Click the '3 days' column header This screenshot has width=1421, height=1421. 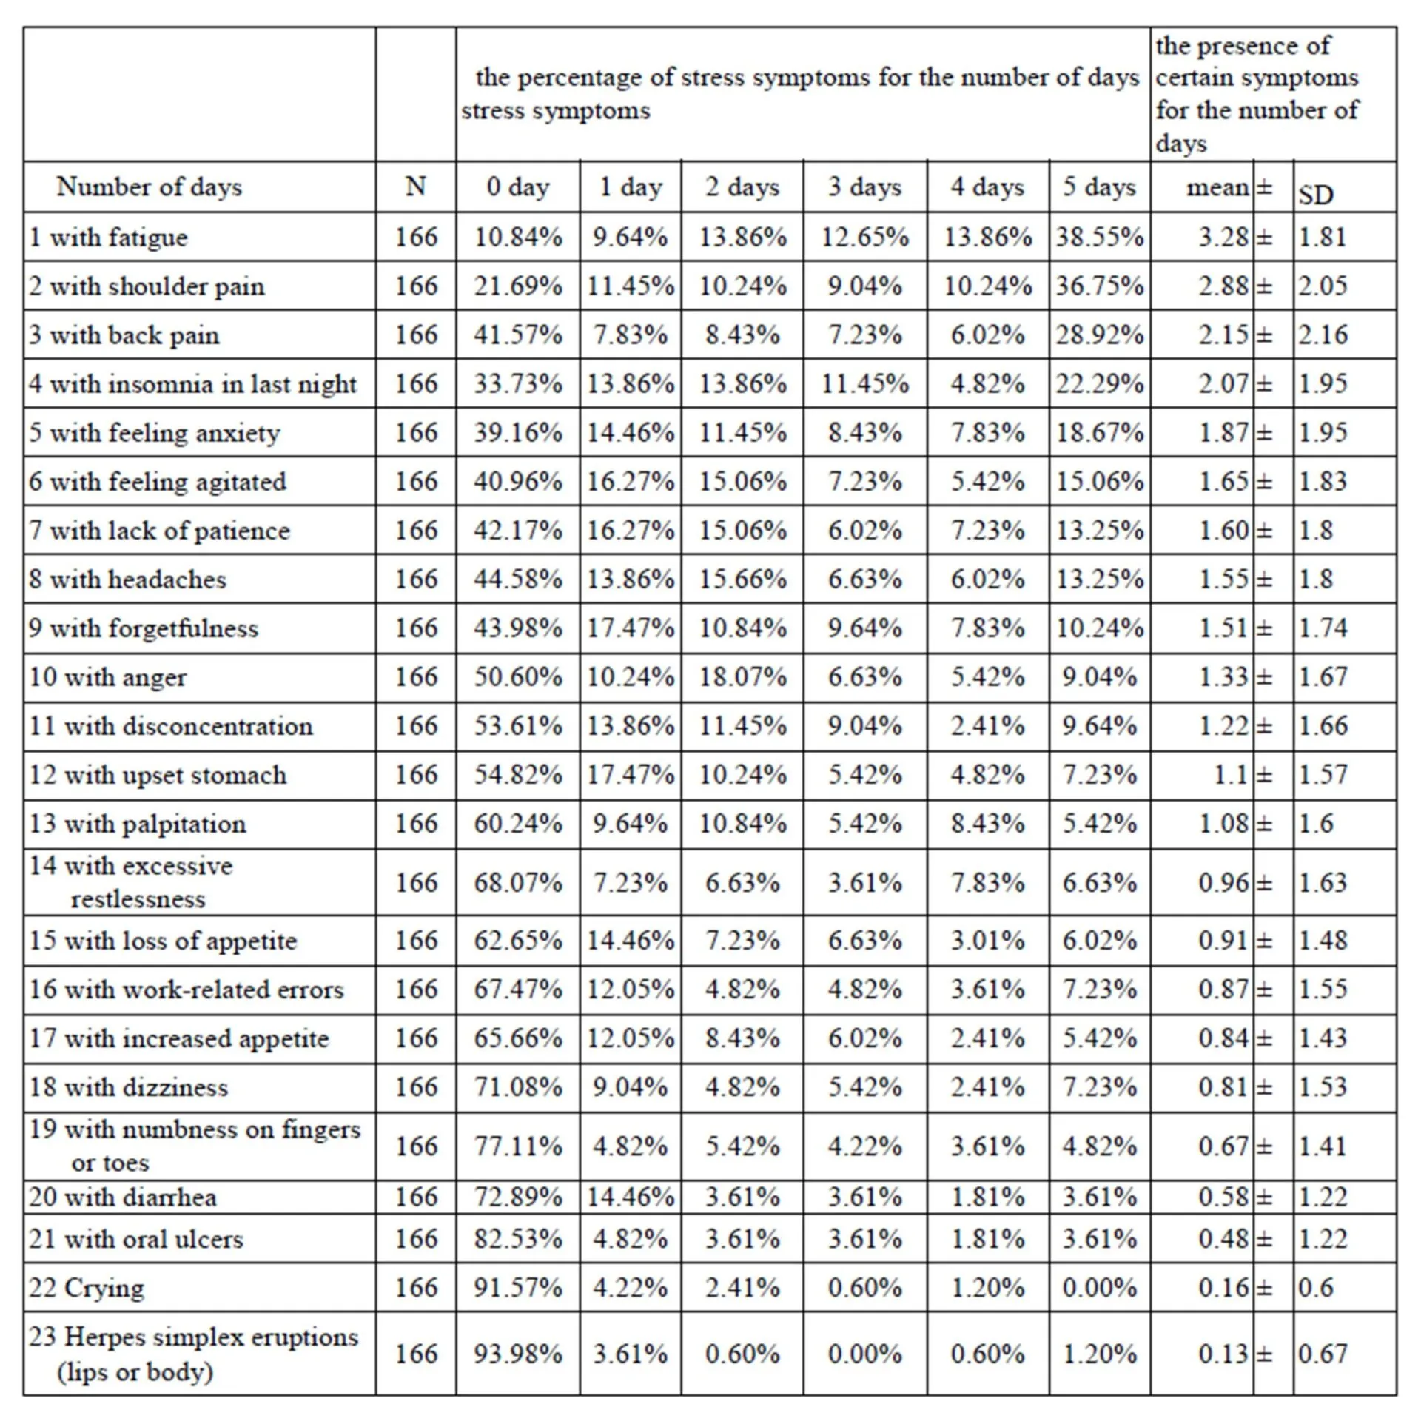tap(864, 187)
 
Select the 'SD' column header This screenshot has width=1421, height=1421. tap(1316, 195)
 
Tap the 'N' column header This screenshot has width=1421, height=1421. tap(415, 187)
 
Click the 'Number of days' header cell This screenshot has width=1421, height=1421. tap(150, 187)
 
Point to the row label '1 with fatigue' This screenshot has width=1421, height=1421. tap(108, 238)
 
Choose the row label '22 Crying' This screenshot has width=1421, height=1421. tap(87, 1289)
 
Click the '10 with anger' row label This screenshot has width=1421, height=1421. tap(108, 677)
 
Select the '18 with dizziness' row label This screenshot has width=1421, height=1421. tap(129, 1087)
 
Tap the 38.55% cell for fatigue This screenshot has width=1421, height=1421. tap(1099, 237)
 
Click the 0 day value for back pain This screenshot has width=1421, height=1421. tap(518, 335)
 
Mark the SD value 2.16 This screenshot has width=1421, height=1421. tap(1323, 335)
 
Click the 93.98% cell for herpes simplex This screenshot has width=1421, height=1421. tap(518, 1354)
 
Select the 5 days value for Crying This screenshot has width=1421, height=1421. tap(1099, 1288)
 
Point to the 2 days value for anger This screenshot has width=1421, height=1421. tap(742, 676)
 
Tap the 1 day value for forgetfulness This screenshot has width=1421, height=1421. tap(631, 628)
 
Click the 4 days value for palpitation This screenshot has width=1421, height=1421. tap(987, 823)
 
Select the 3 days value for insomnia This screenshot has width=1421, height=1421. tap(864, 383)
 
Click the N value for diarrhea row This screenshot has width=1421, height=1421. tap(416, 1196)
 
